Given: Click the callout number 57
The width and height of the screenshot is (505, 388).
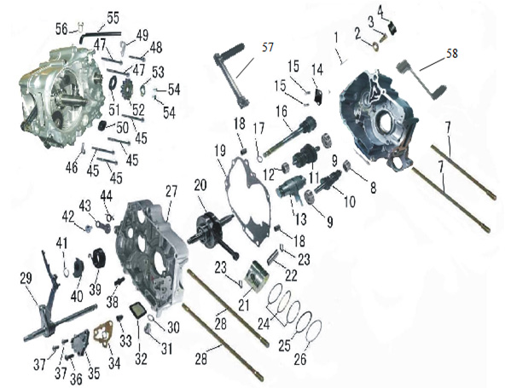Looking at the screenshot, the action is click(x=267, y=48).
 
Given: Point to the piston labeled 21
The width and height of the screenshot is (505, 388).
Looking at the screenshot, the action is click(x=257, y=277).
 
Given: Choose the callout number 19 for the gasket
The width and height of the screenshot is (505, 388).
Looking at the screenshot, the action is click(x=220, y=153).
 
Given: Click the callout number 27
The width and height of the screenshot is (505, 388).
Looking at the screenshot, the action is click(x=171, y=191).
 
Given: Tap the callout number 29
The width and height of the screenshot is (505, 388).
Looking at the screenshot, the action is click(x=26, y=279).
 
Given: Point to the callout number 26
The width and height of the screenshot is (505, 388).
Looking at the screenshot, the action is click(x=300, y=359).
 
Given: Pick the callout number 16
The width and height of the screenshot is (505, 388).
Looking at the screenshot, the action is click(x=282, y=112).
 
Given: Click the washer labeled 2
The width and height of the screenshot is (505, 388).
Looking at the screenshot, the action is click(x=375, y=45).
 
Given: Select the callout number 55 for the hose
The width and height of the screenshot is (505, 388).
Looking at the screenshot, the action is click(x=113, y=18).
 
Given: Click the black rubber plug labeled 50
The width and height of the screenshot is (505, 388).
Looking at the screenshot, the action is click(x=102, y=125).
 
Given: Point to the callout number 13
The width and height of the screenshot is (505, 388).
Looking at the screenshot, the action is click(x=300, y=219).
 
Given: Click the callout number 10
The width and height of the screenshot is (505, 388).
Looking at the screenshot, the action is click(x=350, y=201).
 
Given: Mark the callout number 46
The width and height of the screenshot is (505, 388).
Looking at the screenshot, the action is click(x=72, y=167).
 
